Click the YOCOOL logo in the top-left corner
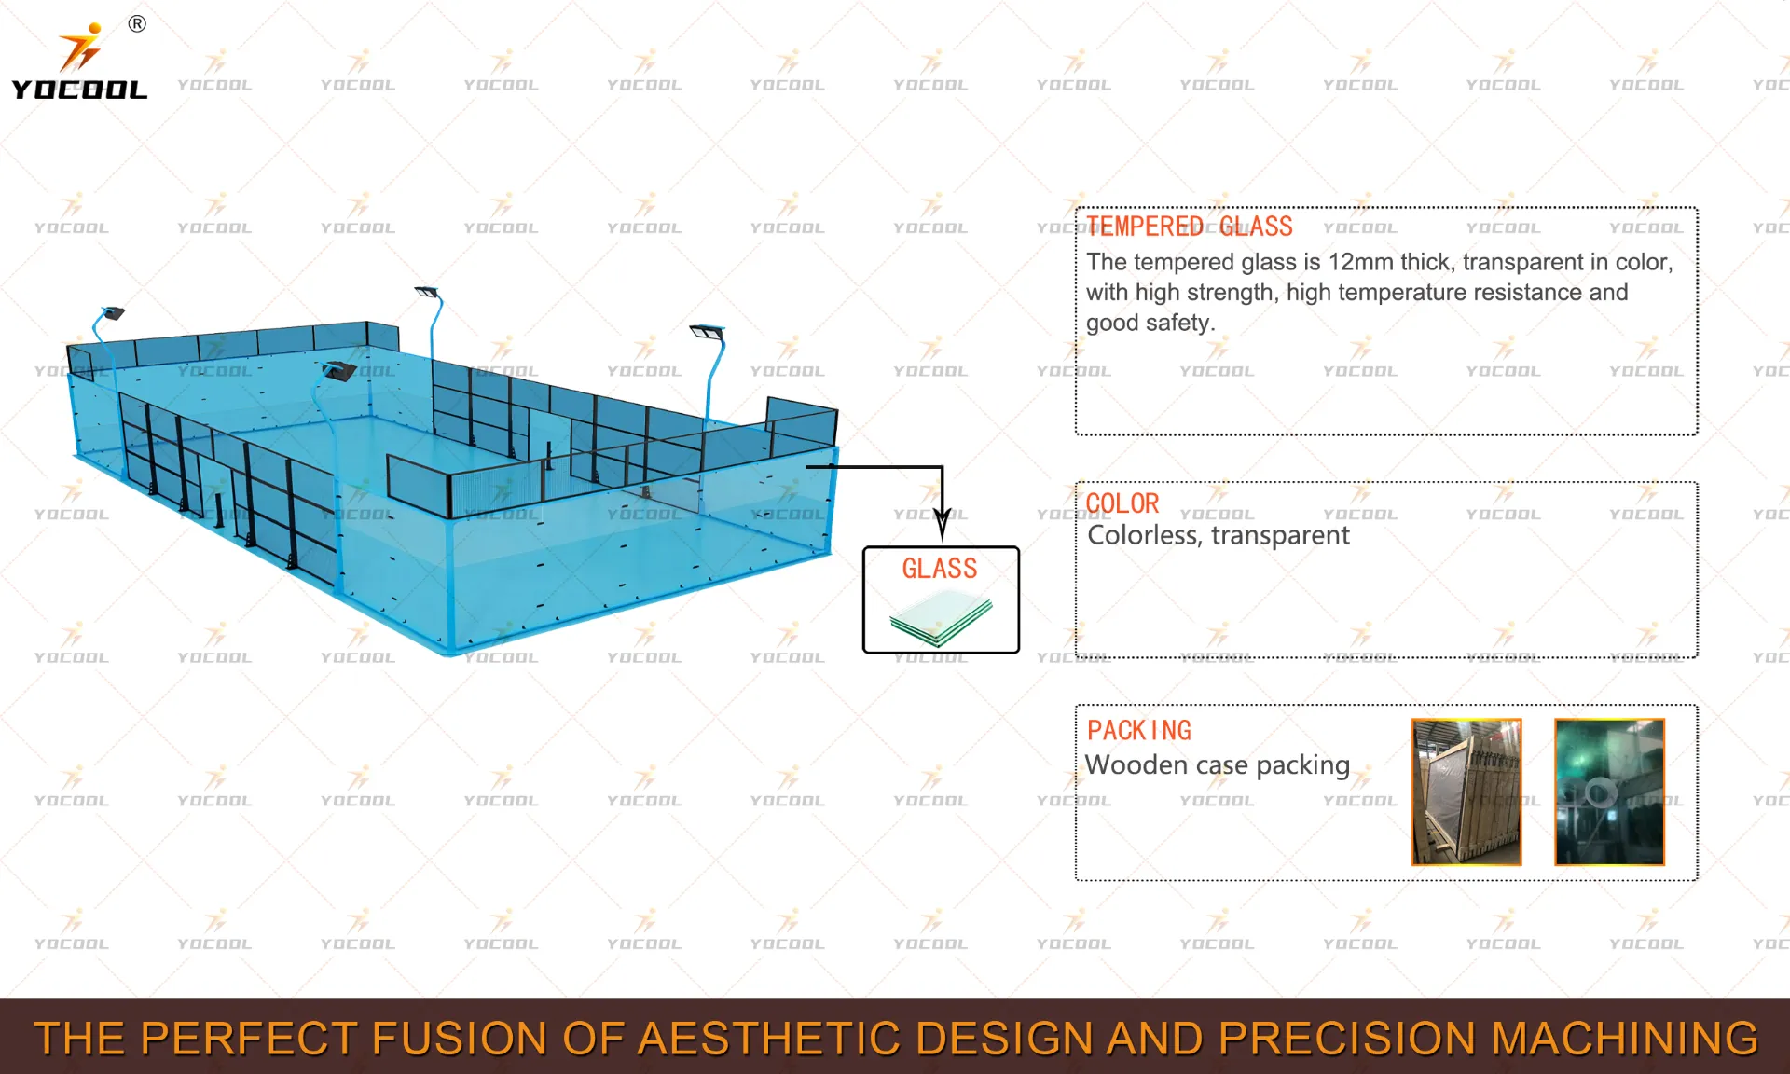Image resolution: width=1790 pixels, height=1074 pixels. coord(79,61)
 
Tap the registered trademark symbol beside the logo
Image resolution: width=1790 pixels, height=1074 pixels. coord(137,24)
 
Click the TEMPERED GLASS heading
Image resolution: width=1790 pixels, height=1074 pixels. coord(1190,227)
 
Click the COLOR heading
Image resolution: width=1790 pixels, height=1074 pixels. coord(1122,503)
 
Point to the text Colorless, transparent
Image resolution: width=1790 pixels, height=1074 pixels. coord(1219,535)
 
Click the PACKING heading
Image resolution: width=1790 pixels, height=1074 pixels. coord(1139,730)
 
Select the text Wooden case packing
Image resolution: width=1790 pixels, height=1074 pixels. coord(1218,765)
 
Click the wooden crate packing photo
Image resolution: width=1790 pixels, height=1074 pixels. coord(1466,792)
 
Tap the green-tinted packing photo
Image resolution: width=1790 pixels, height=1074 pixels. coord(1609,792)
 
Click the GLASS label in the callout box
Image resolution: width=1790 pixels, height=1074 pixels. coord(940,569)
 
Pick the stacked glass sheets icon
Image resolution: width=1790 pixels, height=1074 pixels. coord(941,619)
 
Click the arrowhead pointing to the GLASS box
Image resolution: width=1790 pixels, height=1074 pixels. coord(943,524)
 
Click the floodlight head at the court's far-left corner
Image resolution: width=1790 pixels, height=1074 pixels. coord(113,313)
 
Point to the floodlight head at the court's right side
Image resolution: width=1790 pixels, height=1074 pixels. coord(708,332)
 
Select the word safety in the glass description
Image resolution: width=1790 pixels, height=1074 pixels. coord(1181,324)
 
